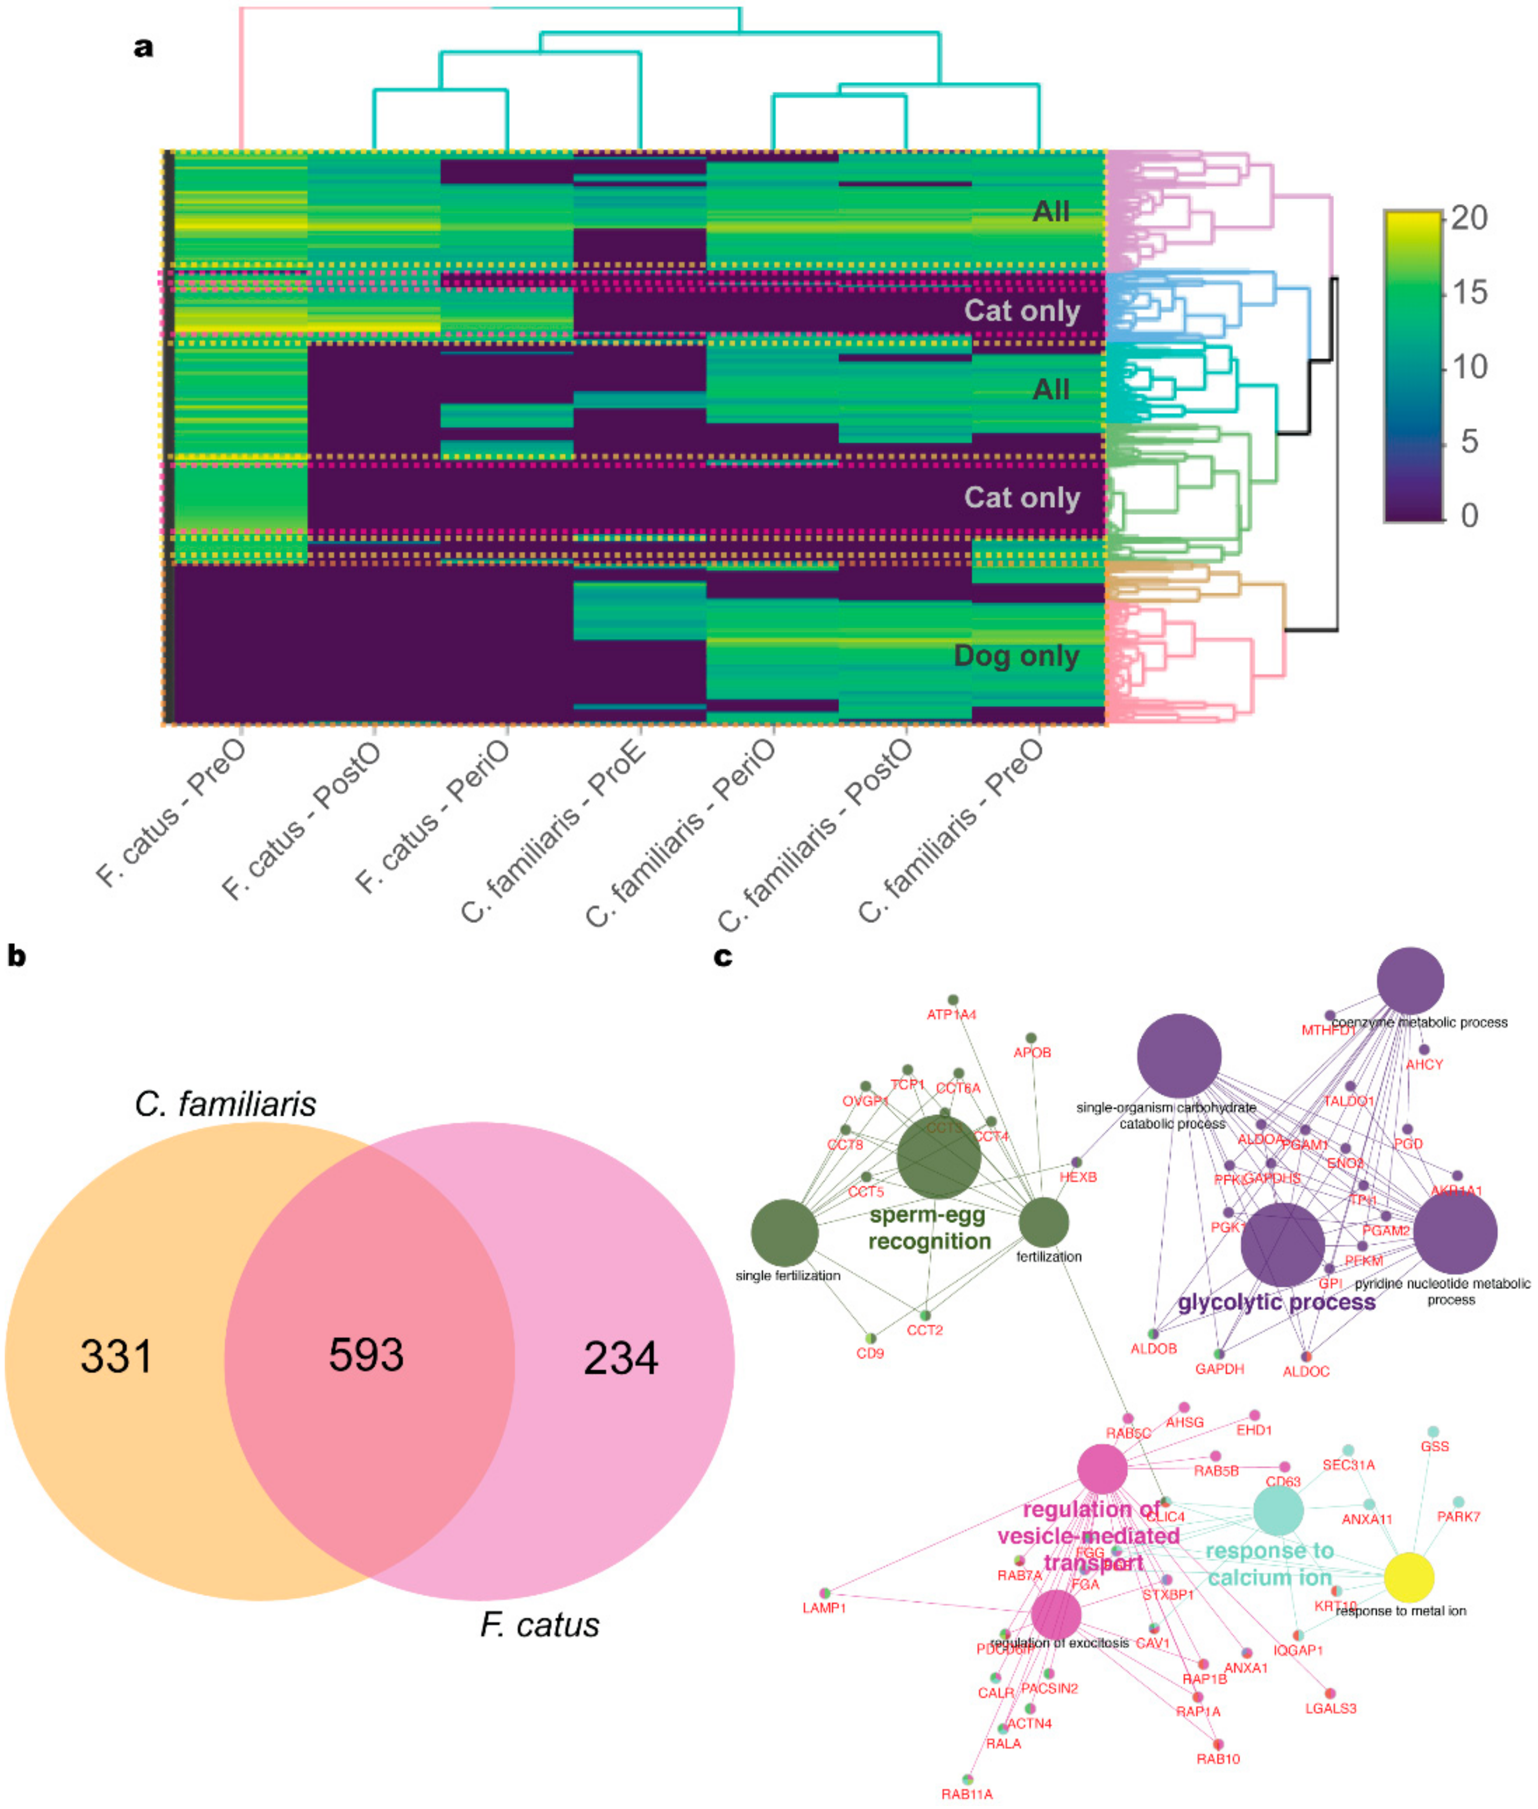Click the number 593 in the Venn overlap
click(366, 1354)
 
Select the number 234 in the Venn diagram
click(621, 1358)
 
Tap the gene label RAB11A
click(967, 1794)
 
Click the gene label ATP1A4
click(951, 1014)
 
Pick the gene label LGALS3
click(1331, 1708)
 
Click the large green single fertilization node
click(785, 1232)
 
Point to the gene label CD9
click(870, 1353)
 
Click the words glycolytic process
click(1277, 1302)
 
